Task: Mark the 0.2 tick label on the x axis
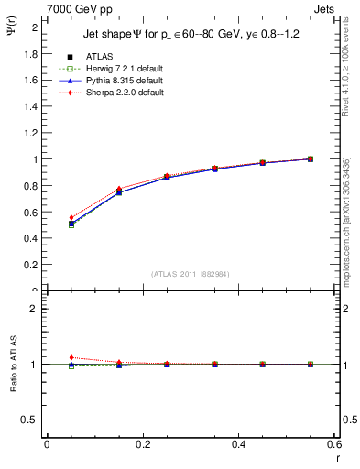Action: pos(143,445)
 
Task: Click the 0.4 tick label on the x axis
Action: pos(239,445)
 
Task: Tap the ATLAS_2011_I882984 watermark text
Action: pos(191,274)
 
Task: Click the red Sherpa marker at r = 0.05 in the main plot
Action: pos(47,218)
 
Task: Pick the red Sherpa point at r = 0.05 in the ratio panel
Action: pos(47,357)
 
